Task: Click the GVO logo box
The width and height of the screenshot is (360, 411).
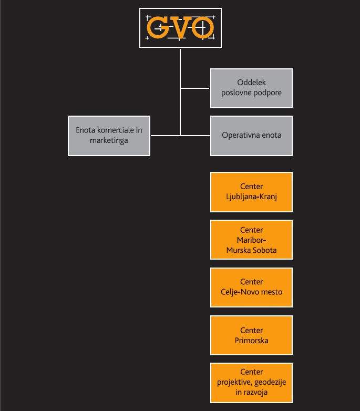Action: [180, 28]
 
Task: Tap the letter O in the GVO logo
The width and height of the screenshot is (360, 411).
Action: [202, 27]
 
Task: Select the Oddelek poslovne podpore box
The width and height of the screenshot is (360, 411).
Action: [251, 88]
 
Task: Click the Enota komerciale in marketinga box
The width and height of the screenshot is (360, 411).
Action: [109, 136]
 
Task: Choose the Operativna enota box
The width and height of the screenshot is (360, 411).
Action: [251, 136]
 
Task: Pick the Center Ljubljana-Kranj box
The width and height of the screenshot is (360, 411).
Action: [251, 192]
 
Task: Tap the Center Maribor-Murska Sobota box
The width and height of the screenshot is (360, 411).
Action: [251, 240]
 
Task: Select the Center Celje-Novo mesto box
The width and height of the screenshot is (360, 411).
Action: [251, 287]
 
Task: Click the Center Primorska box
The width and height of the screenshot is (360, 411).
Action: [251, 335]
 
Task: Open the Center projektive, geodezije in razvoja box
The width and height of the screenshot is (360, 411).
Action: [251, 383]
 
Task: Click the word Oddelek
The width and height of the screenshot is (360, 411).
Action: [252, 83]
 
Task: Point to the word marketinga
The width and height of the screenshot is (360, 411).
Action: [109, 140]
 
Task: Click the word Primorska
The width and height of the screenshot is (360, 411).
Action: [252, 341]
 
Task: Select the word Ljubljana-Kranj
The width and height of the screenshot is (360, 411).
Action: [252, 197]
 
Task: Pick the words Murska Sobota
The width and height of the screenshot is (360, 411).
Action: [252, 250]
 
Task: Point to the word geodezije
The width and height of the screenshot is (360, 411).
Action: [270, 383]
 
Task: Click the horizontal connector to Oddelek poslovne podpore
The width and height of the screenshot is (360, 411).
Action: [195, 88]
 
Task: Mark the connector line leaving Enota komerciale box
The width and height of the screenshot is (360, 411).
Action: [166, 136]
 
